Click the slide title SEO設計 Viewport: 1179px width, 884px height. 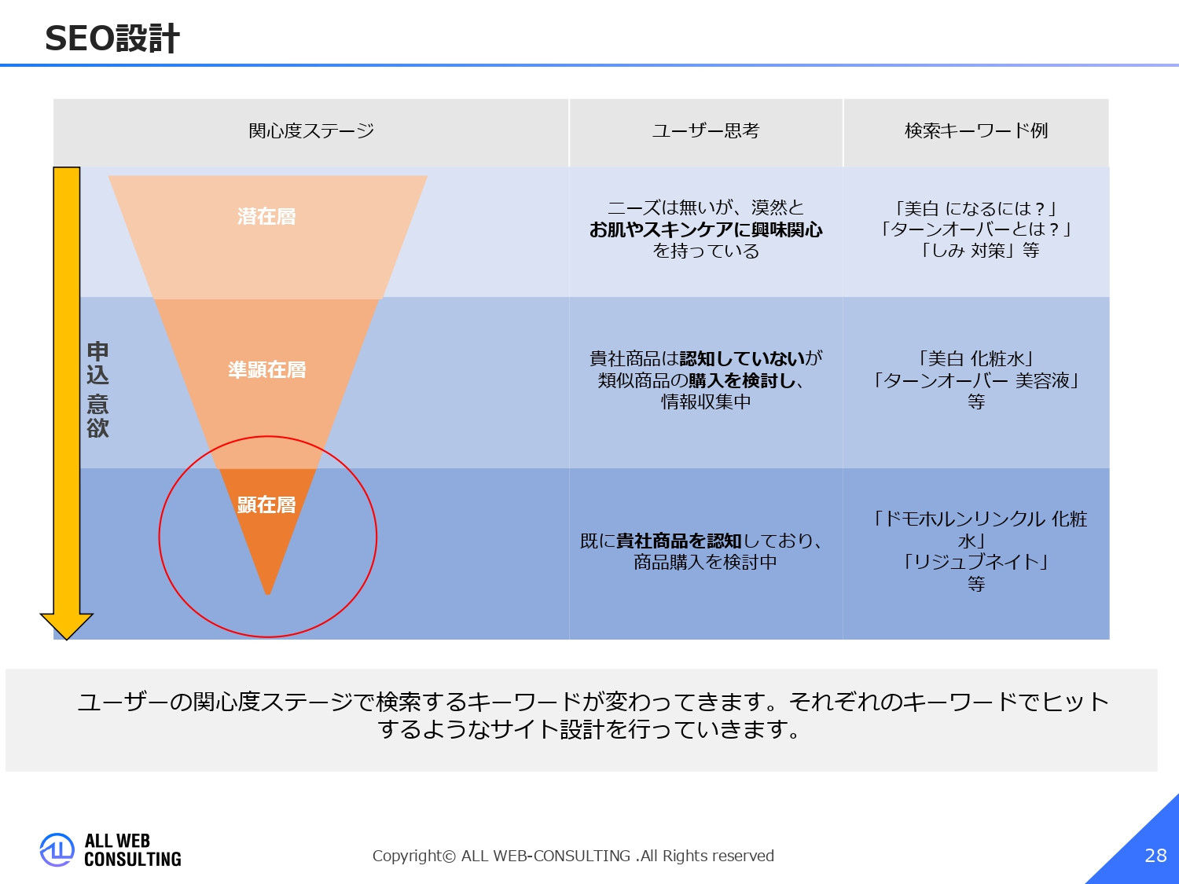(112, 39)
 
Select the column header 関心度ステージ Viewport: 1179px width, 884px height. (311, 130)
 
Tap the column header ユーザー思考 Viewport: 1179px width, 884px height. (705, 130)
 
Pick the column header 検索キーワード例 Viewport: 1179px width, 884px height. (976, 130)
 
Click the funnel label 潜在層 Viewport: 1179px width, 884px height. (266, 216)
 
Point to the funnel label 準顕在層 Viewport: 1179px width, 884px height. (266, 369)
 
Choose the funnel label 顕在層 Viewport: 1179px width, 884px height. (266, 504)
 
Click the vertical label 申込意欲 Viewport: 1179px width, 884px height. (98, 389)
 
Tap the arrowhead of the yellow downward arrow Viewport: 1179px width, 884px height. (67, 625)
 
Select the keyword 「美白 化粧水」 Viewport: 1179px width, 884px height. (975, 359)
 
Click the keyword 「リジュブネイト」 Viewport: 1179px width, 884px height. (975, 562)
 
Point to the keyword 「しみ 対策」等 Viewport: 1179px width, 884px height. (979, 251)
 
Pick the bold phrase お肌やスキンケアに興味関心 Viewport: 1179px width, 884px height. (706, 229)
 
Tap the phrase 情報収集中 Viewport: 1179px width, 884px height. (706, 402)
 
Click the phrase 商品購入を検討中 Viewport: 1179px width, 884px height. (705, 562)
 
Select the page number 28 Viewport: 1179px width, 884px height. (1155, 855)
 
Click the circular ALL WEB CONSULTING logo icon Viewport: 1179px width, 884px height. (57, 850)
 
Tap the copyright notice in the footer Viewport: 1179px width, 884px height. (573, 856)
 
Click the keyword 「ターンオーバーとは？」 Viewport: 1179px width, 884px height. (975, 229)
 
